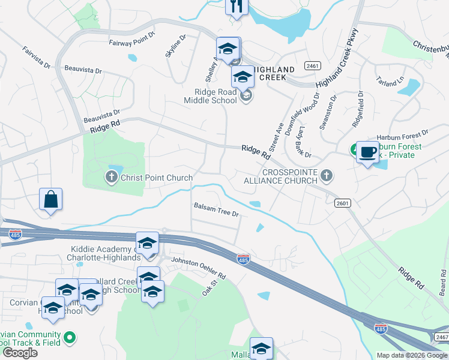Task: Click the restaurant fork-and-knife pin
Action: (237, 7)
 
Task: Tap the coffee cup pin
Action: (367, 152)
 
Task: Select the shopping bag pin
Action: (51, 199)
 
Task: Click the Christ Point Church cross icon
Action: (111, 177)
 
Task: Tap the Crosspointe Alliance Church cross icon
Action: (326, 175)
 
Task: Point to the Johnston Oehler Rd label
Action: (199, 268)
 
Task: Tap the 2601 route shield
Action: (343, 203)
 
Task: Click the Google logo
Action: (20, 353)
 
